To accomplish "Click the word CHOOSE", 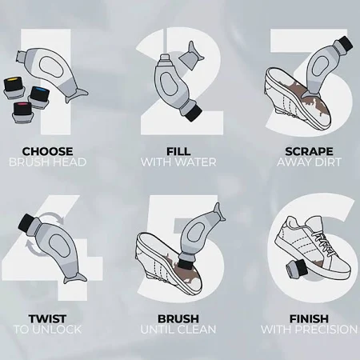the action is [x=47, y=151].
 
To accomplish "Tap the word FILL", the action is [x=178, y=151].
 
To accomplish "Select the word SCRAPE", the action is [x=309, y=151].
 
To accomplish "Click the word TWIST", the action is [x=47, y=318].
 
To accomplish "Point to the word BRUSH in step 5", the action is [x=178, y=318].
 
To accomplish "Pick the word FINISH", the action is [x=309, y=318].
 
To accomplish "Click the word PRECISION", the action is [x=326, y=330].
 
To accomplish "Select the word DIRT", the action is [x=327, y=162].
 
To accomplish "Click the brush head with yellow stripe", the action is [x=13, y=86].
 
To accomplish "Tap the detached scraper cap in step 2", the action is [x=191, y=55].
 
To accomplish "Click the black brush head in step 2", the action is [x=193, y=113].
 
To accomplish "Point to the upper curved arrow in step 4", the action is [x=54, y=217].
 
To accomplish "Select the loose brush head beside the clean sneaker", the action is [x=297, y=268].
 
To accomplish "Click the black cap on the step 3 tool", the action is [x=345, y=43].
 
